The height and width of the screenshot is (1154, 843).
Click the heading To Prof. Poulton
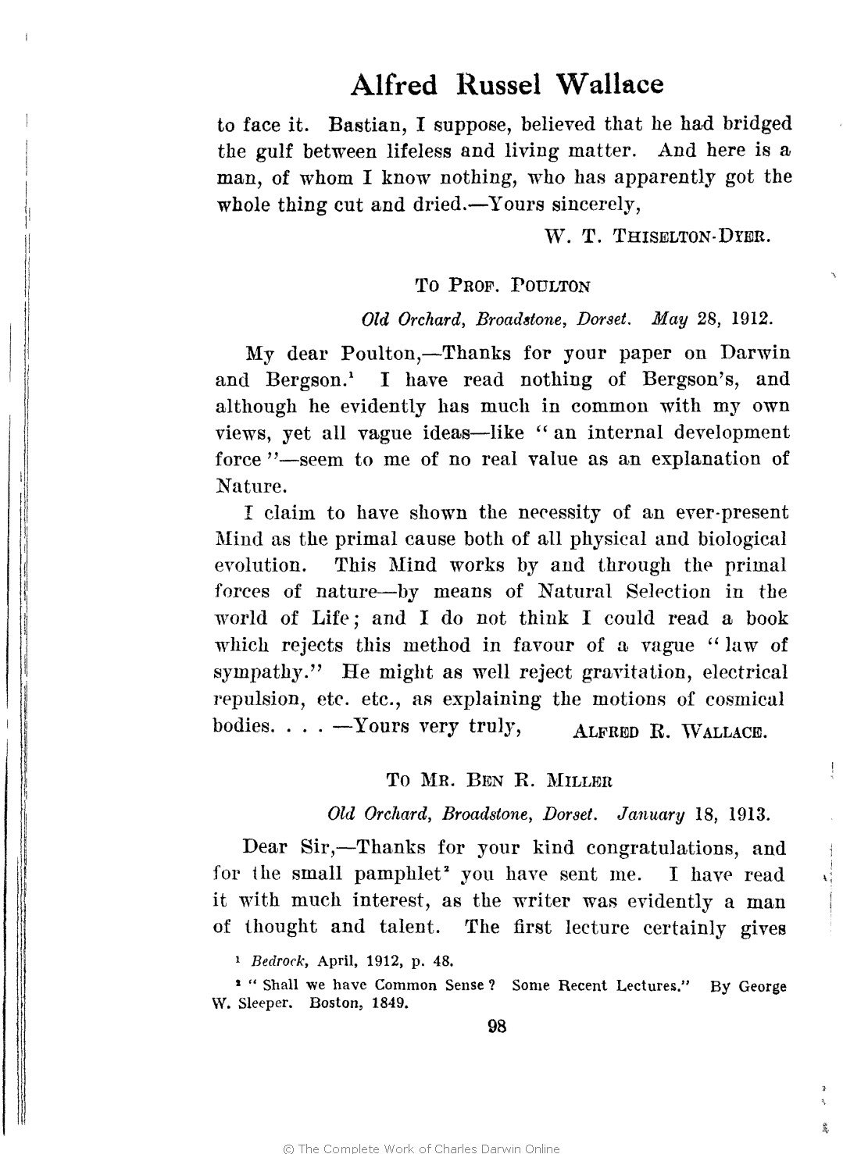point(502,286)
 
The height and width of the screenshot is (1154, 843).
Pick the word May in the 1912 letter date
point(669,319)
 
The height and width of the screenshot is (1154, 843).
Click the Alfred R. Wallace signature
point(670,732)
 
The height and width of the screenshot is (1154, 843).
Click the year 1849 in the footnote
point(388,1004)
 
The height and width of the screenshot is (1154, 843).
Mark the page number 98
point(497,1027)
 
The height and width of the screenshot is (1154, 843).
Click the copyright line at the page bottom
point(421,1148)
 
